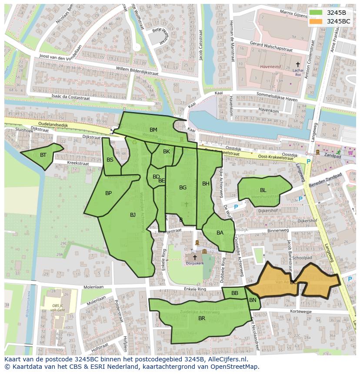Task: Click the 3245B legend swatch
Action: (316, 13)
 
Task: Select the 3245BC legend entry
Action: (338, 21)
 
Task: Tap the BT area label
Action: (43, 155)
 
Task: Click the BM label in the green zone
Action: (153, 130)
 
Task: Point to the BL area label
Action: (263, 190)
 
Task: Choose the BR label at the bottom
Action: (202, 318)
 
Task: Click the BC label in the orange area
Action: (294, 282)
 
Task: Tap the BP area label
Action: (108, 193)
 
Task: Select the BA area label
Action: (220, 233)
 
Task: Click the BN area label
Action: (253, 300)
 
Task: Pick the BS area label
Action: (110, 160)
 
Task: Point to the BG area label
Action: (183, 188)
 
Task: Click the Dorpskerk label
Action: (195, 263)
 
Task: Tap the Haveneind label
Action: (270, 67)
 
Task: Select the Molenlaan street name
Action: (93, 287)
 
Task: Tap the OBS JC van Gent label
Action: (54, 309)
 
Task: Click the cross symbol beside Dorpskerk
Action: (195, 257)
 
